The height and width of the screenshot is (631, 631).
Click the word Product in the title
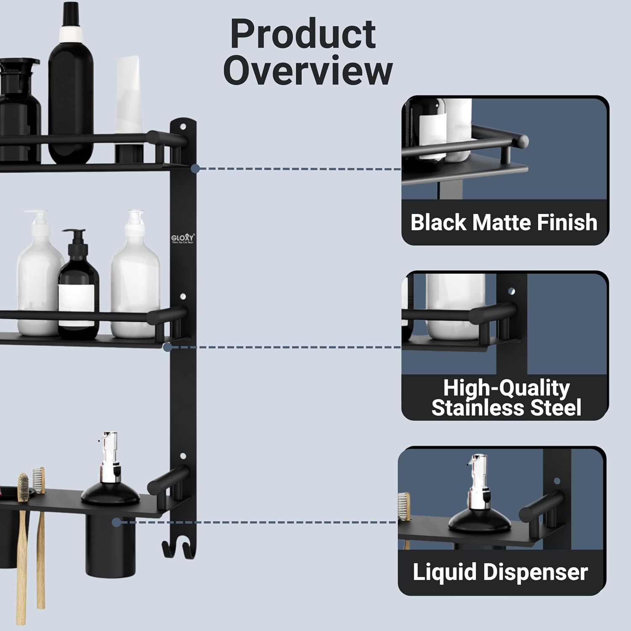(303, 34)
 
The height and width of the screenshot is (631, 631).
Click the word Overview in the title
(308, 70)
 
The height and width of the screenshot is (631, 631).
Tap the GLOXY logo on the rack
(183, 239)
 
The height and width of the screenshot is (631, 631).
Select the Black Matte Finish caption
(504, 223)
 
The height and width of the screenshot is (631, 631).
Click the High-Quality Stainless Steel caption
(506, 398)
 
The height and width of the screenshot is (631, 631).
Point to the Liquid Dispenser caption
(500, 572)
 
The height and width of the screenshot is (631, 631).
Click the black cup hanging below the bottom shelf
(110, 547)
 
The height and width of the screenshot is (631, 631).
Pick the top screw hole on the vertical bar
(183, 126)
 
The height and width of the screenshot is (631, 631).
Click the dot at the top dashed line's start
(195, 169)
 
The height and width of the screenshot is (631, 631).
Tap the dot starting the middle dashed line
(167, 347)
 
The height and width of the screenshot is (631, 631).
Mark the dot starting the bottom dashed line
(117, 522)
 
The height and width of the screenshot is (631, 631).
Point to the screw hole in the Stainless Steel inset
(512, 291)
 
